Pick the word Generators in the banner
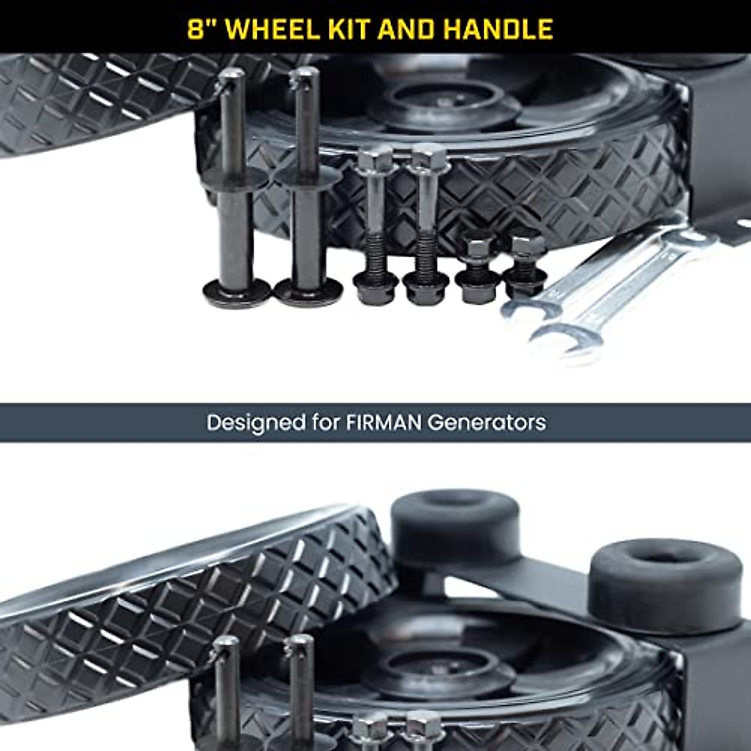click(487, 422)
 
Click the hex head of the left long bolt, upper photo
click(375, 156)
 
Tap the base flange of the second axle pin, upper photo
click(308, 289)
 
